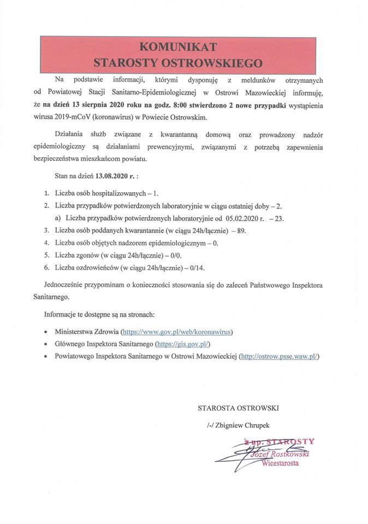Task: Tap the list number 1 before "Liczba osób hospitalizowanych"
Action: coord(47,194)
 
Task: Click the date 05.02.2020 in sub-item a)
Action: coord(244,218)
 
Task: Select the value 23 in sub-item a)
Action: coord(280,218)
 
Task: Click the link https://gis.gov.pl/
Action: coord(183,344)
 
